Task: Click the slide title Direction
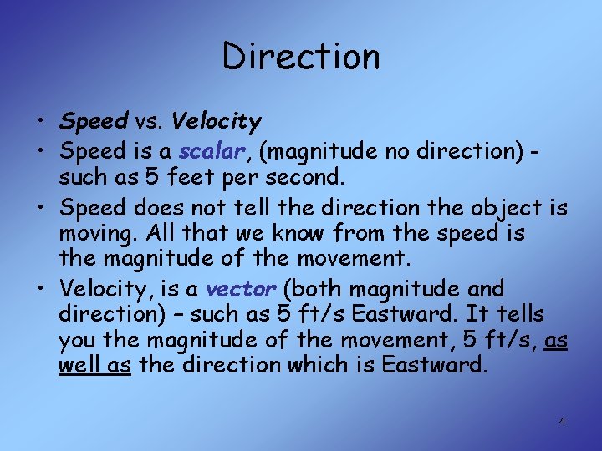tap(301, 57)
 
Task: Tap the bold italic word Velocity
tap(217, 122)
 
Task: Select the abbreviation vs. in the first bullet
tap(150, 122)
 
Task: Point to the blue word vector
tap(241, 289)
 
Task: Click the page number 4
tap(562, 421)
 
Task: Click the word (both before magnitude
tap(314, 289)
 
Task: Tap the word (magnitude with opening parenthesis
tap(306, 151)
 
